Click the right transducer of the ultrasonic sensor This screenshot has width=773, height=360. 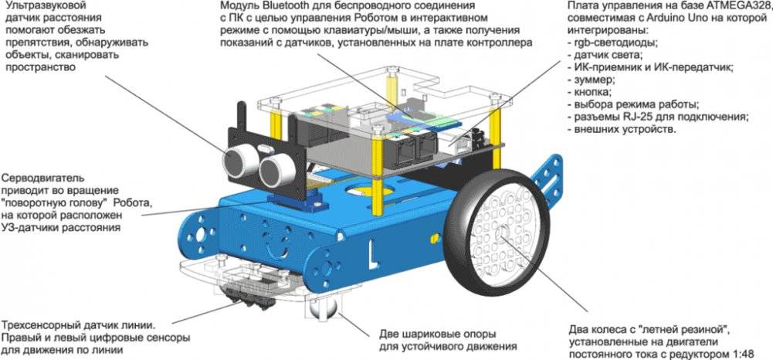[x=275, y=168]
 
